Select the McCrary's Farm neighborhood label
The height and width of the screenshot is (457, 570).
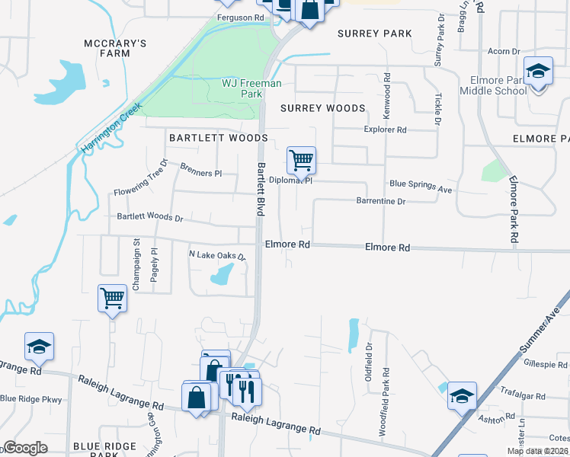coord(115,49)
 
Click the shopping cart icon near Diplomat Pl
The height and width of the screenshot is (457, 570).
coord(301,161)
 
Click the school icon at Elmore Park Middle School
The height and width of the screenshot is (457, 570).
coord(538,73)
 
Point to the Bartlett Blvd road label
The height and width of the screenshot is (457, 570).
coord(260,188)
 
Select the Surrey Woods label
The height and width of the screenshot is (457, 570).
coord(322,108)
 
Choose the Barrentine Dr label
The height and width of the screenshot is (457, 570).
coord(380,201)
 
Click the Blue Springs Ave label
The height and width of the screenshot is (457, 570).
coord(421,184)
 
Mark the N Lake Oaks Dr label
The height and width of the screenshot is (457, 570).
coord(217,256)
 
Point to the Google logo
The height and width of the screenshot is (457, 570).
coord(25,448)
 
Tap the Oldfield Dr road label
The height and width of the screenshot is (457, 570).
coord(369,347)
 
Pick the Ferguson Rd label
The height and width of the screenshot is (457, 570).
coord(239,16)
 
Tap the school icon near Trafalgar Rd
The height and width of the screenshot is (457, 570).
coord(462,396)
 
